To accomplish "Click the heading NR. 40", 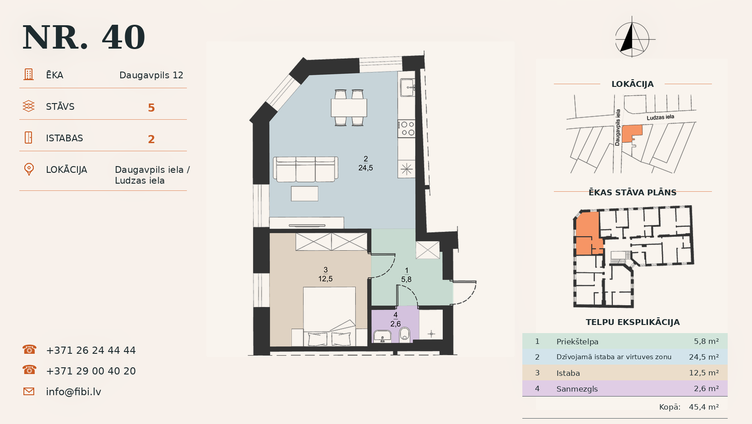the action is click(84, 37).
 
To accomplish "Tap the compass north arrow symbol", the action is click(632, 37).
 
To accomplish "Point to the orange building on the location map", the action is click(631, 134).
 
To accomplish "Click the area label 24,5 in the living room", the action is click(366, 168).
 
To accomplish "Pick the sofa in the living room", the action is click(305, 169).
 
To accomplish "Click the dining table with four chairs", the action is click(349, 108).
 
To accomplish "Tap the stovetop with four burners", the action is click(407, 129).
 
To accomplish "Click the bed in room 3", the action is click(329, 316).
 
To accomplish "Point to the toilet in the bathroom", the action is click(405, 334).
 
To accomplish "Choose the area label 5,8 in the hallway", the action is click(406, 279).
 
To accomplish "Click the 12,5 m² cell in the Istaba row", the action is click(704, 373).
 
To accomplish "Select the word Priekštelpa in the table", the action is click(577, 342).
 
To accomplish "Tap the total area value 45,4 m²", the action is click(704, 407).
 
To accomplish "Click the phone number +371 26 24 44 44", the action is click(91, 350).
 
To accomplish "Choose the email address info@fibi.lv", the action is click(73, 392).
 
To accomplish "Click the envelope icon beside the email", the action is click(29, 392).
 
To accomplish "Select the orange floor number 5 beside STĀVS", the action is click(151, 108).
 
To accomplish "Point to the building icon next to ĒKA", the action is click(28, 74).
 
